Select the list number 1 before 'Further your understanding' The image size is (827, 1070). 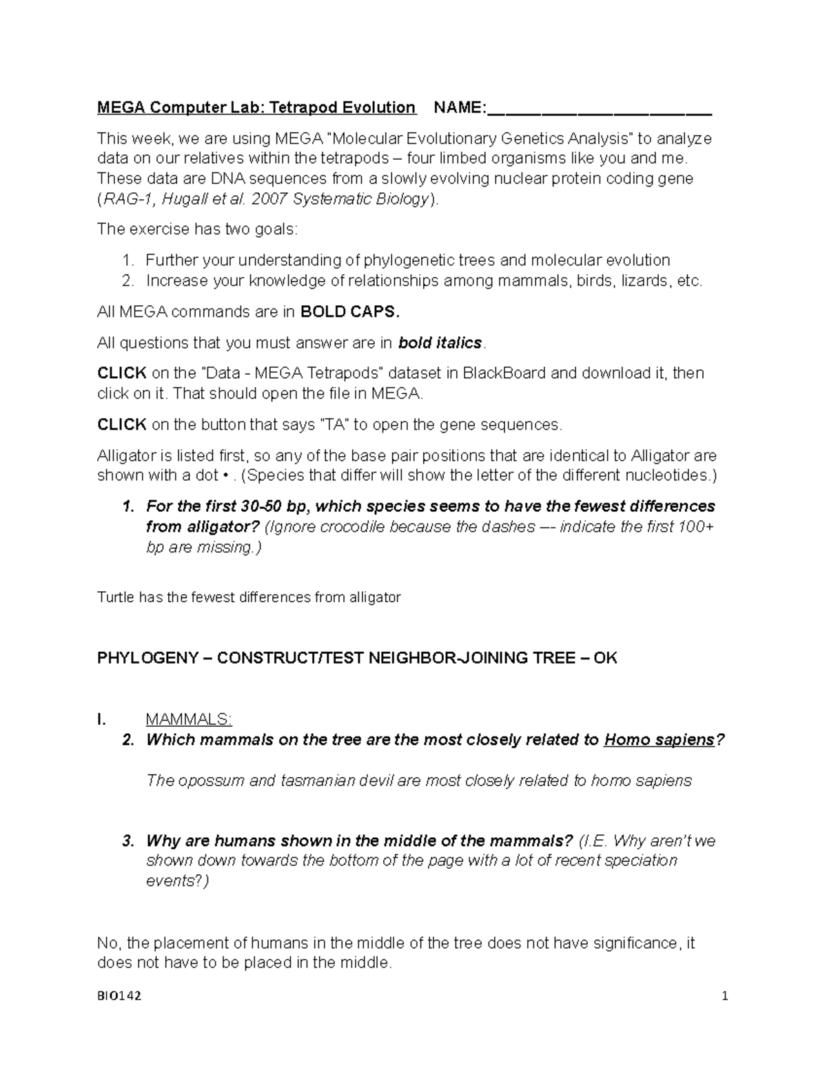tap(126, 260)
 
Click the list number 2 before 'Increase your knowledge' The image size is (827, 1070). tap(126, 281)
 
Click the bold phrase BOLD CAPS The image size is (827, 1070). tap(350, 312)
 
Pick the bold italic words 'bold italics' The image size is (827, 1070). tap(442, 343)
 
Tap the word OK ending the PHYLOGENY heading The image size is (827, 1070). tap(605, 658)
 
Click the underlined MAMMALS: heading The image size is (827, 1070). tap(189, 720)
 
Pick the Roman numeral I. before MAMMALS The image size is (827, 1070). tap(102, 720)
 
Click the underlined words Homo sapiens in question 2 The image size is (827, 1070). tap(659, 740)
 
